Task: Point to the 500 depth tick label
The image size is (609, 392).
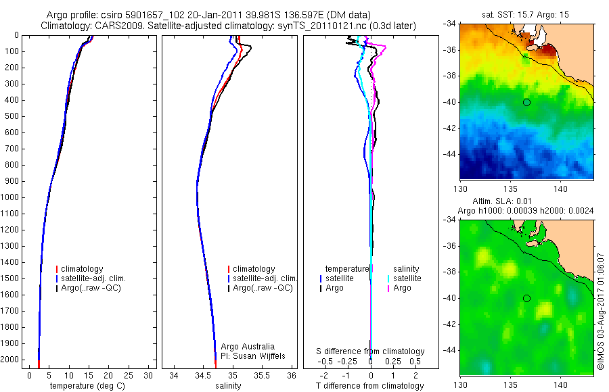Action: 12,116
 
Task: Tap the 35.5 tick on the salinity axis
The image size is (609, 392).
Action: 262,375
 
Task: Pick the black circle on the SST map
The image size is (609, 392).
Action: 526,102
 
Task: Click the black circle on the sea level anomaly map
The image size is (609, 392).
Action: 526,298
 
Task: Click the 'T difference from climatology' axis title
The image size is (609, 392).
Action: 369,386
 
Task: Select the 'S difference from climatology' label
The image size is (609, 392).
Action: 371,351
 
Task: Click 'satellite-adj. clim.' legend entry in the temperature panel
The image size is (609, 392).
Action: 98,278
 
